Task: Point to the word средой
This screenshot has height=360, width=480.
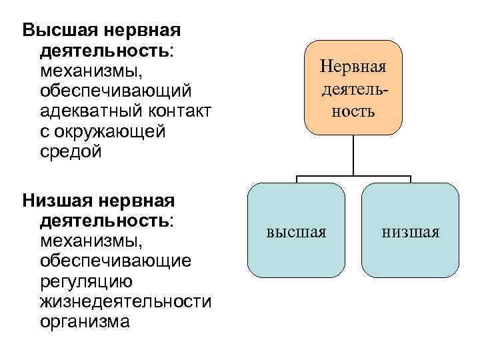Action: pos(71,152)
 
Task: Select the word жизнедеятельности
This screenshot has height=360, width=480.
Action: pos(125,301)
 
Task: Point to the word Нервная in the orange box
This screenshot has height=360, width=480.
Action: pos(353,67)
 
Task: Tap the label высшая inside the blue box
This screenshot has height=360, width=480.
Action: pos(297,233)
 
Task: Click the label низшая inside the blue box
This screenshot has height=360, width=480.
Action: pos(411,233)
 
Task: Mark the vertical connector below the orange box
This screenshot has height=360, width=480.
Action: pos(353,155)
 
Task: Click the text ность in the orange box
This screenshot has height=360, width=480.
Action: pos(353,111)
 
